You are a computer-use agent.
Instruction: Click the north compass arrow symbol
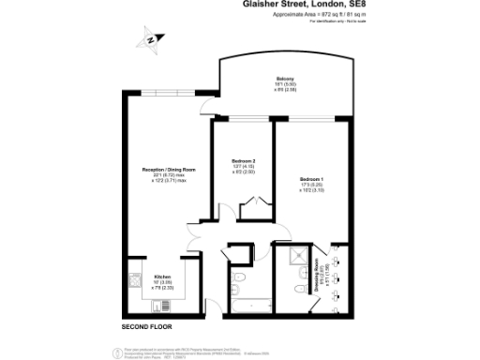(x=150, y=40)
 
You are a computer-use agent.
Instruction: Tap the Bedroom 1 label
(x=311, y=178)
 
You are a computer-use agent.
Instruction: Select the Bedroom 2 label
(x=243, y=160)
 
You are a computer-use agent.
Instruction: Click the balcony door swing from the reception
(x=205, y=105)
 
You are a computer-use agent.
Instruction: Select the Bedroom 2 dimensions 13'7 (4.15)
(x=243, y=167)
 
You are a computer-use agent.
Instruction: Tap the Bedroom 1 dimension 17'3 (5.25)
(x=311, y=185)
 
